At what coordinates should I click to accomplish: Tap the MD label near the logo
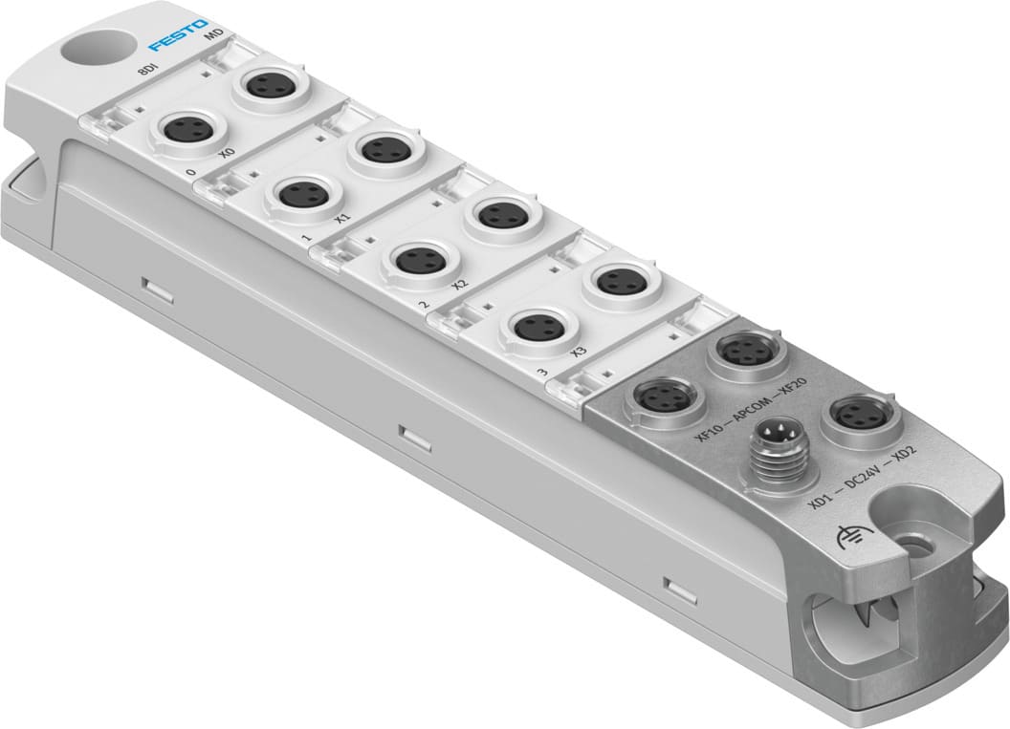tap(216, 39)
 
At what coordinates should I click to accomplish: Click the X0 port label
tap(226, 154)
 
